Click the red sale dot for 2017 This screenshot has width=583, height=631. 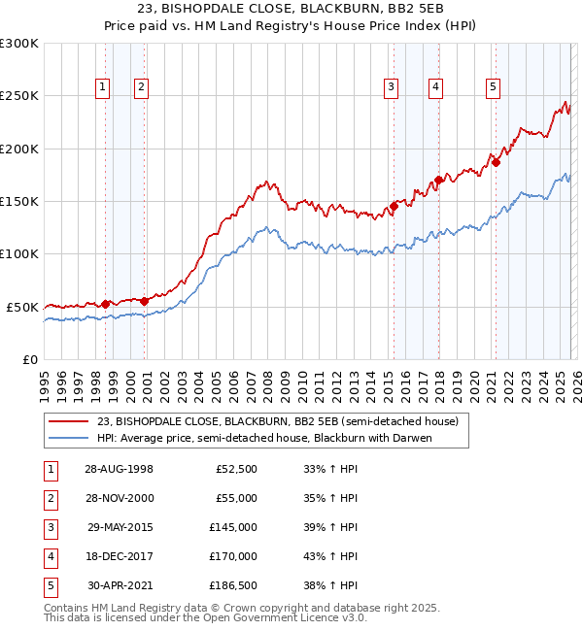click(438, 180)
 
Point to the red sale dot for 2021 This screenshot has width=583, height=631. click(496, 162)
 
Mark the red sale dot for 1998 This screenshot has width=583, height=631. click(106, 304)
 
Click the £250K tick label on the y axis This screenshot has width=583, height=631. click(19, 96)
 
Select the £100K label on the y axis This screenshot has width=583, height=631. click(19, 254)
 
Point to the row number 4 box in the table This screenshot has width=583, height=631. click(49, 556)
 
